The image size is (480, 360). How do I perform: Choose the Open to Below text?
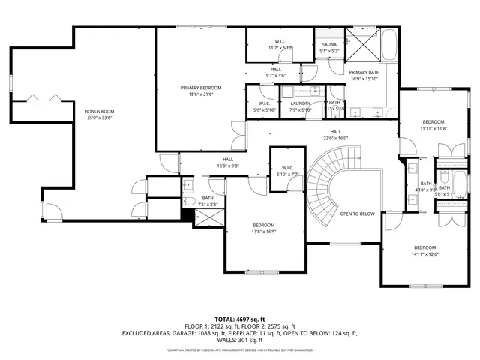click(x=357, y=214)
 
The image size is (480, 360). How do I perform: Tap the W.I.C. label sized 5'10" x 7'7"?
click(x=287, y=171)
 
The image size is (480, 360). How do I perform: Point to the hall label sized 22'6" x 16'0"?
click(x=336, y=134)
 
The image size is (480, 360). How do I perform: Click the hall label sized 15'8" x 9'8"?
click(x=227, y=162)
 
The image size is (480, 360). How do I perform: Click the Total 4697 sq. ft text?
click(x=240, y=319)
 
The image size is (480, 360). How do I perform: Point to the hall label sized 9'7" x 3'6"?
click(x=276, y=72)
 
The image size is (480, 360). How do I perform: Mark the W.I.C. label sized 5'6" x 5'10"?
click(x=265, y=106)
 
